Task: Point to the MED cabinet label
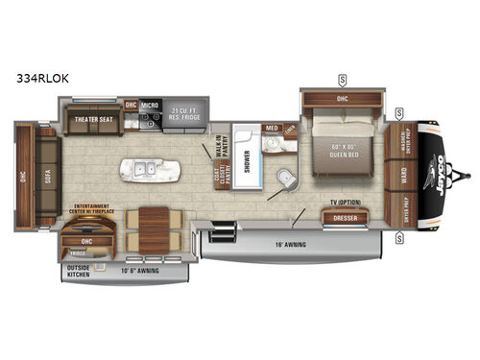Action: (272, 130)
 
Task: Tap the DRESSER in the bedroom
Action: (346, 219)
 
